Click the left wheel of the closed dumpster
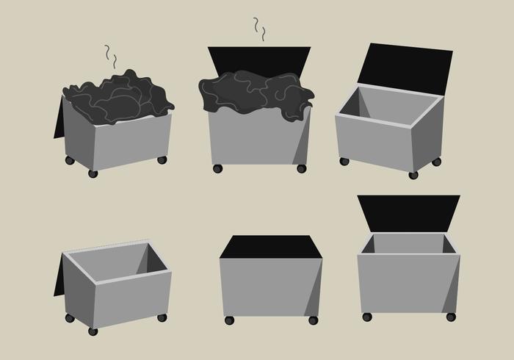[228, 320]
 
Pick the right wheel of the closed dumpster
[313, 320]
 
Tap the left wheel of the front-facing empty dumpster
[367, 317]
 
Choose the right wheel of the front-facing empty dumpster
[451, 317]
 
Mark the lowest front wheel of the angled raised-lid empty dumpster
[413, 175]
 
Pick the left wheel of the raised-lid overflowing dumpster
[217, 168]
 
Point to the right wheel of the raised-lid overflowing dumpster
[301, 168]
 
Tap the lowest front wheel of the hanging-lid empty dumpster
[93, 331]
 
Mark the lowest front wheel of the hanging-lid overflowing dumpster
[93, 174]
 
